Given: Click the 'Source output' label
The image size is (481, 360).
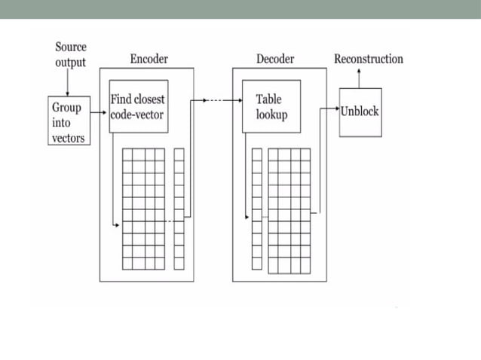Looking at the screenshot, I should coord(70,54).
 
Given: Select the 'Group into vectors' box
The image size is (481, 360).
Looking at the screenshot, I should coord(67,121).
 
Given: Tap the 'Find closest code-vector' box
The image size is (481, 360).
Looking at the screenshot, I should coord(137,106).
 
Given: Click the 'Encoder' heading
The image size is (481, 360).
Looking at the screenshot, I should coord(149,59).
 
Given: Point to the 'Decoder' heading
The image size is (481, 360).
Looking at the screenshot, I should coord(274,59).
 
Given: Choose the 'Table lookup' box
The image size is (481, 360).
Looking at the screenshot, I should coord(271,106).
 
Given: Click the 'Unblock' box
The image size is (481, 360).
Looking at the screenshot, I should coord(360,111).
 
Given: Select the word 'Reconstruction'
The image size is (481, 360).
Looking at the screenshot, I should coord(368,59).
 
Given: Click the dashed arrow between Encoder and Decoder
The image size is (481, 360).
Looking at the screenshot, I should coord(219,99).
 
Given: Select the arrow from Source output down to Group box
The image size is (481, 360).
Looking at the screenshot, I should coord(67,82).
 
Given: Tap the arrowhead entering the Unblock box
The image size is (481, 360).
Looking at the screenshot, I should coord(335,108).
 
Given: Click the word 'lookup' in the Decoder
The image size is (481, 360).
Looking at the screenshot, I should coord(271,114).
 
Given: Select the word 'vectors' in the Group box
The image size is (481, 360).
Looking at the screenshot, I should coord(68,138).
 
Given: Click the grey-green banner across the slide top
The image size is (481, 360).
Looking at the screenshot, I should coord(240,9).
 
